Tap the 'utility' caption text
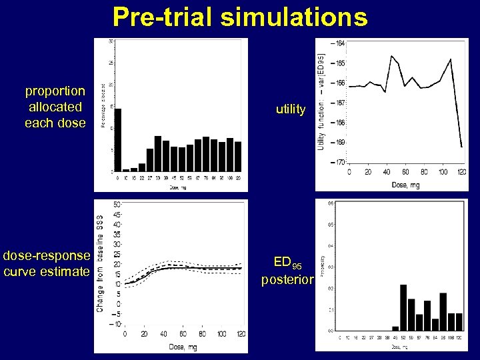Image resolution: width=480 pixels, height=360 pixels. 291,109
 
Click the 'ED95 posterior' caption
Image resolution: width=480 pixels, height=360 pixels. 287,271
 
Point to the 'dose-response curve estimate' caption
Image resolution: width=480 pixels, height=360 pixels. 46,263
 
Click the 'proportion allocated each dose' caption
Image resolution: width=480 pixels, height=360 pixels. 55,107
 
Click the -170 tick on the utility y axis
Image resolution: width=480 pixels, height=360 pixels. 339,162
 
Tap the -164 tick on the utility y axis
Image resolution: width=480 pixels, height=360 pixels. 339,43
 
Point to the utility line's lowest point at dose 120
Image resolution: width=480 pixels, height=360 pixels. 461,147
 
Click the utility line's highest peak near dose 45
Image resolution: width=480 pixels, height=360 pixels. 391,56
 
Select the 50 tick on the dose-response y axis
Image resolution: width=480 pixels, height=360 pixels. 117,205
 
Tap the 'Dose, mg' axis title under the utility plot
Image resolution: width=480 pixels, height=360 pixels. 406,185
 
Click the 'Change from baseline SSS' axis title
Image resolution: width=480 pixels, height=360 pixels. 100,263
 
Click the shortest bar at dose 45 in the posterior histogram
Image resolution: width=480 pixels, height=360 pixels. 395,328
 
